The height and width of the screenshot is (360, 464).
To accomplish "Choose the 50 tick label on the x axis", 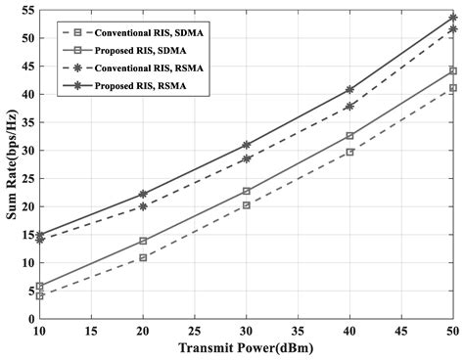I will coord(452,333).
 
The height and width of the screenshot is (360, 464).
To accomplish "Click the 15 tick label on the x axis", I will coord(91,333).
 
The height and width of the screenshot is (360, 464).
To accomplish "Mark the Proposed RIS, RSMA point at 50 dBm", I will coord(452,18).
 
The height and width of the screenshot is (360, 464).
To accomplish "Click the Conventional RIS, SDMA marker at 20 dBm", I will coord(143,257).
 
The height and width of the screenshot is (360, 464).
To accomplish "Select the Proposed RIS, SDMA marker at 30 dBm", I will coord(246,191).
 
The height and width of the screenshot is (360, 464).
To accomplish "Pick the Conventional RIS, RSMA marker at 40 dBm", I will coord(349,106).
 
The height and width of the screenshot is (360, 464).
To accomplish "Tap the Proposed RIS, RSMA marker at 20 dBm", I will coord(143,194).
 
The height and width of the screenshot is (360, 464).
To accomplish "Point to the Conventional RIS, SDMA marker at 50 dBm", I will coord(452,88).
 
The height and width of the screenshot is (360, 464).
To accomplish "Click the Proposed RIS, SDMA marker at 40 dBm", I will coord(349,136).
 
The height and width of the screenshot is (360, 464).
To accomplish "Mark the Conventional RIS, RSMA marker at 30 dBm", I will coord(246,158).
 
